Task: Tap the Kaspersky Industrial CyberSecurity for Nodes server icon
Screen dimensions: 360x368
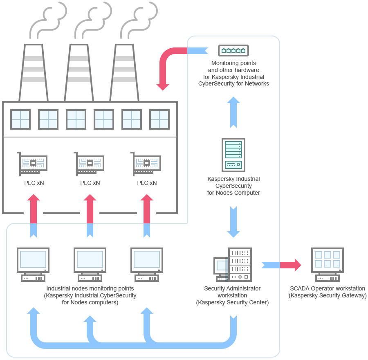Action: click(x=233, y=155)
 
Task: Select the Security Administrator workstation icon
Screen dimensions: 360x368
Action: click(x=233, y=265)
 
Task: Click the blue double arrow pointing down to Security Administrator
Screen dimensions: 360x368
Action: click(x=233, y=222)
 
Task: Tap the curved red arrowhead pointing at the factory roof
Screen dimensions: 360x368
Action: click(x=163, y=86)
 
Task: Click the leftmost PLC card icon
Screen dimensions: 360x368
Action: click(x=33, y=164)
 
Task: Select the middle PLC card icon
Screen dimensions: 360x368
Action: click(x=90, y=164)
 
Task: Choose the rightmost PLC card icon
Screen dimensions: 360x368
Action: click(x=146, y=164)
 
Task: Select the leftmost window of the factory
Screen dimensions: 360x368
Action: click(x=20, y=119)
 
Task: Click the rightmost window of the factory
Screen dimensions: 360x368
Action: click(x=159, y=119)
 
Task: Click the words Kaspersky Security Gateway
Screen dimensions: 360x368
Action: click(x=328, y=295)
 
